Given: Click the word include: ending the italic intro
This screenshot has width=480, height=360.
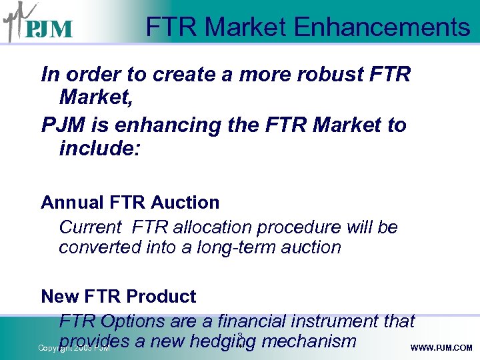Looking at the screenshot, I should (100, 148).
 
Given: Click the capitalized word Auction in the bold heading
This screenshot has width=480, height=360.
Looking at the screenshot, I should (187, 202).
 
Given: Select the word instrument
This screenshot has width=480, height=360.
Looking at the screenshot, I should (348, 321).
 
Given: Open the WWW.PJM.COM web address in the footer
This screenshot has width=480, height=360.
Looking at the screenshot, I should (441, 348).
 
